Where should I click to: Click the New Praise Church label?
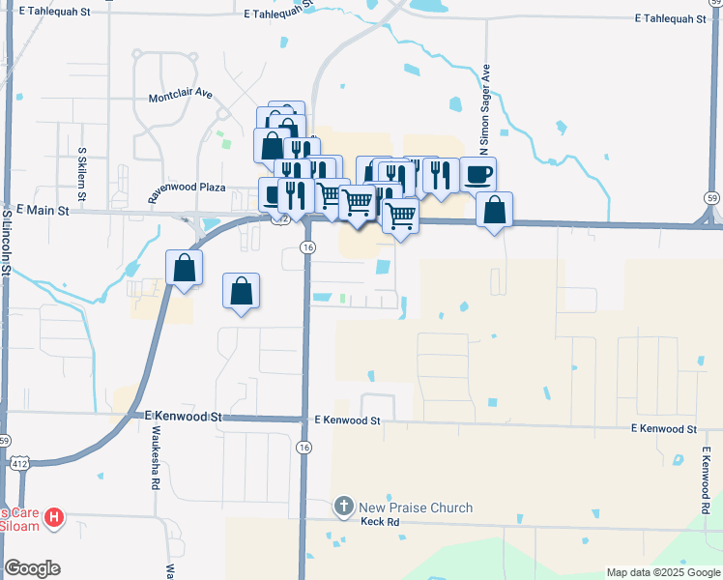[416, 507]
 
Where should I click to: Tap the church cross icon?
[344, 507]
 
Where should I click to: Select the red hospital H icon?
[55, 518]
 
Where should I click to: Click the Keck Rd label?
[380, 522]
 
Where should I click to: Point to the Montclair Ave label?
[180, 98]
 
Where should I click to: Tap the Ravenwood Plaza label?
[186, 190]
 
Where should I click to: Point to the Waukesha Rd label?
[155, 463]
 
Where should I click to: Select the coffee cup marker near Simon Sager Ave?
[477, 175]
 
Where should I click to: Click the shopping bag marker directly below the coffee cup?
[494, 210]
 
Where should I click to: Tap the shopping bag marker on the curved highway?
[184, 268]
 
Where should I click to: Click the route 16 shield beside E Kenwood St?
[304, 448]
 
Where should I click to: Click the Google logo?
[32, 568]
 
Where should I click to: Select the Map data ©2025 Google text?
[663, 572]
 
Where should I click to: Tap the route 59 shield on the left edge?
[6, 440]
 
